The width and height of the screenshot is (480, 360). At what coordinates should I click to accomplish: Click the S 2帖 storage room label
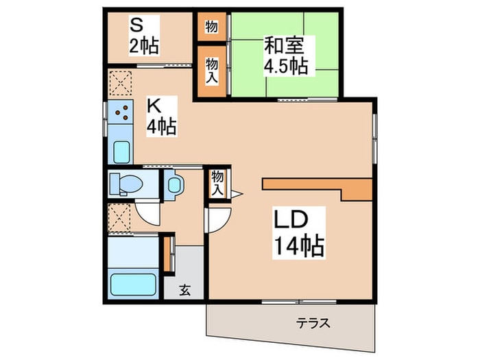pos(145,36)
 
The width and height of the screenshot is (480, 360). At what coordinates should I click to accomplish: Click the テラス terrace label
pos(313,322)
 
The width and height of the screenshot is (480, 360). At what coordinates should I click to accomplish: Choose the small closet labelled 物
pos(211,27)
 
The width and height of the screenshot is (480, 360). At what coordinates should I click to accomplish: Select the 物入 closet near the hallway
pos(217,182)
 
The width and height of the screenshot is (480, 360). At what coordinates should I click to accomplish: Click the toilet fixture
pos(126,184)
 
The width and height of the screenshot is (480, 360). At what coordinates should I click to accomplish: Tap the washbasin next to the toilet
pos(175,184)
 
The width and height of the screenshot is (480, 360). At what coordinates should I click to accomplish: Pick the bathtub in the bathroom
pos(134,283)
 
